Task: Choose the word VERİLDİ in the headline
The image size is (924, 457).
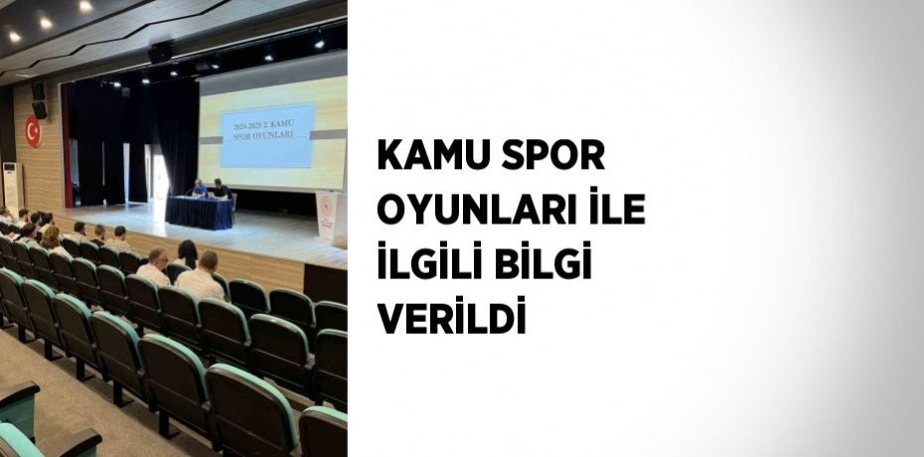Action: [450, 322]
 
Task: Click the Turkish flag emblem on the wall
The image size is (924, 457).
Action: [33, 130]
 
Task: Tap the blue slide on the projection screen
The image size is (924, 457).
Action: [266, 134]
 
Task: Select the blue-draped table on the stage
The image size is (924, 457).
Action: [200, 212]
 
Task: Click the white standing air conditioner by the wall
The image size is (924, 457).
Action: [12, 185]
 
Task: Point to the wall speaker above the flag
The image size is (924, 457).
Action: [38, 99]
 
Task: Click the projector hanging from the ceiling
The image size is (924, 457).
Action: [159, 52]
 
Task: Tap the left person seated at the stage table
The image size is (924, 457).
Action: [199, 188]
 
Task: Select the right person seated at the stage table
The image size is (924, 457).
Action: [221, 189]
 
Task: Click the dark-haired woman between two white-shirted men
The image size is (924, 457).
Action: [186, 255]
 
